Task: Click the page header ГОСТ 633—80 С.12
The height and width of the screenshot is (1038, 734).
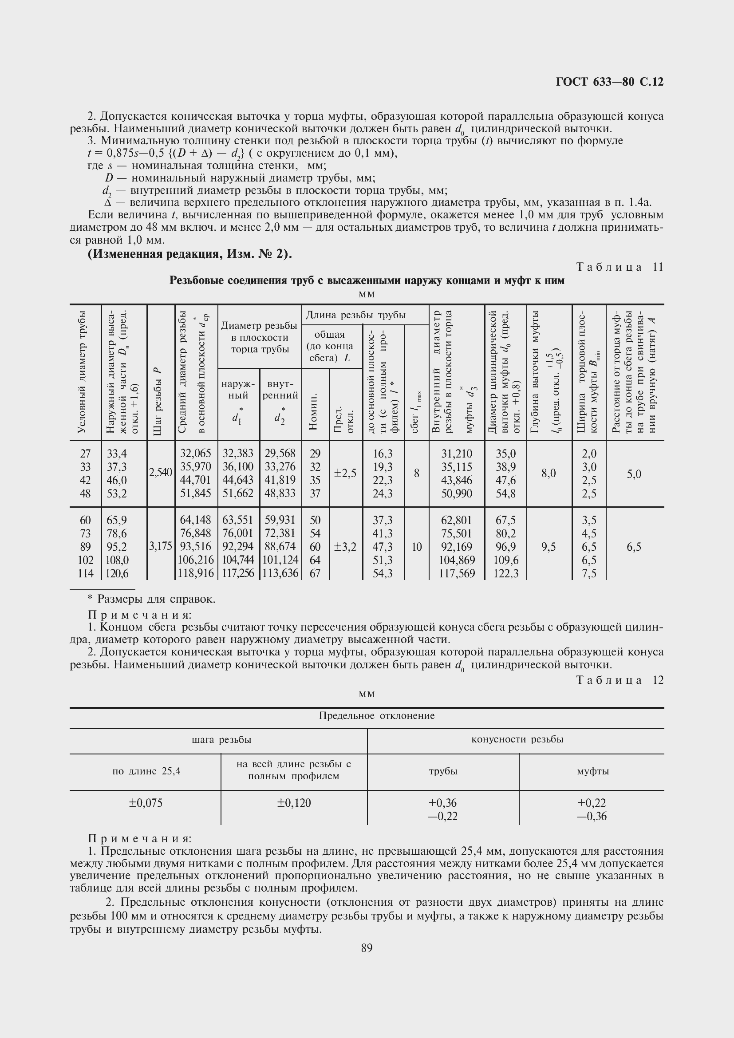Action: [609, 82]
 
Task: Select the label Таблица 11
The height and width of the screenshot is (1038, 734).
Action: [620, 267]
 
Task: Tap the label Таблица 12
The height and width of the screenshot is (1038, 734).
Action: [620, 680]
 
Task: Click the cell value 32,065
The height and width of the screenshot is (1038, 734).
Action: [196, 454]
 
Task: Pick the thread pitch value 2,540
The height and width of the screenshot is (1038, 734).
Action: [161, 473]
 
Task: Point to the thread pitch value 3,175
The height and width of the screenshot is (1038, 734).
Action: [161, 547]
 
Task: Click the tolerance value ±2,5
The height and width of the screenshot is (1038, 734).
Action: [345, 474]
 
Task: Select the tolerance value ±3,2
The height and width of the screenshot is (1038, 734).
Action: [345, 547]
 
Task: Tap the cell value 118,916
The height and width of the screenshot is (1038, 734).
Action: [196, 573]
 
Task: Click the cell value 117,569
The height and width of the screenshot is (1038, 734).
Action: [457, 573]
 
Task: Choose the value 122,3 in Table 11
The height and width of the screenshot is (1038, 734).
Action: [506, 573]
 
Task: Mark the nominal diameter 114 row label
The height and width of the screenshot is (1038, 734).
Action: [85, 573]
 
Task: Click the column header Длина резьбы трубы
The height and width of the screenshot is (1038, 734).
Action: [356, 315]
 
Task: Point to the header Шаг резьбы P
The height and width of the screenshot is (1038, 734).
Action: [158, 402]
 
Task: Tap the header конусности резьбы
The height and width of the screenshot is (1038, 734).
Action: [517, 739]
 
